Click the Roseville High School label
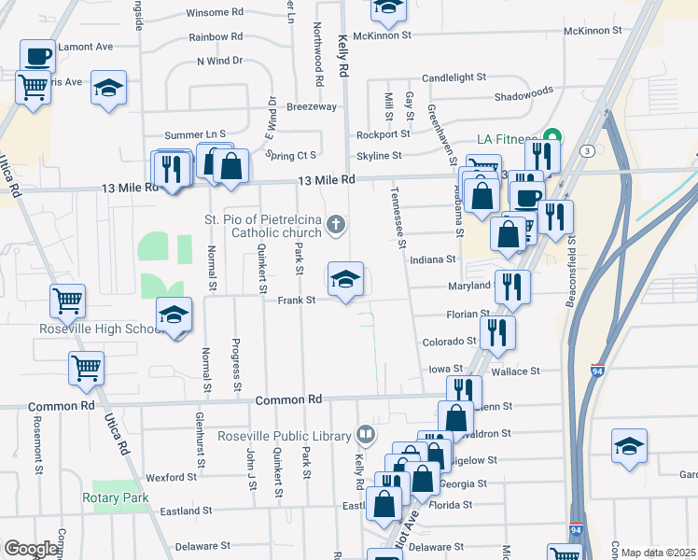(x=90, y=329)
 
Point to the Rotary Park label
(x=116, y=497)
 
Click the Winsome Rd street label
(x=215, y=12)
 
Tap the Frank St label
(x=298, y=301)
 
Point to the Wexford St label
(x=171, y=477)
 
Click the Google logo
(x=30, y=549)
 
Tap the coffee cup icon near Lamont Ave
(x=37, y=56)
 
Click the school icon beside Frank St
(x=345, y=278)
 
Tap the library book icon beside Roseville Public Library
(x=367, y=435)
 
